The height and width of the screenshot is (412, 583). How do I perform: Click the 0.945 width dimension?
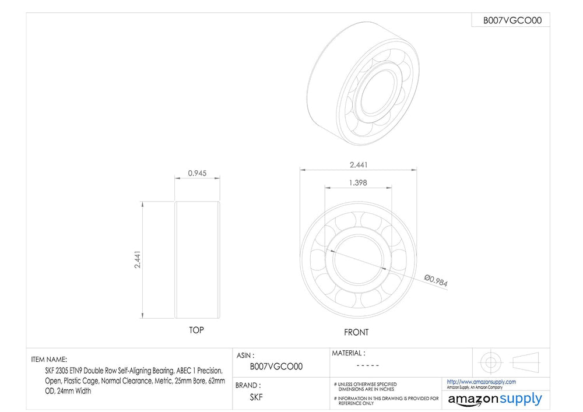click(197, 173)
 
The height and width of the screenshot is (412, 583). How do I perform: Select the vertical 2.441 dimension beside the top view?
click(138, 260)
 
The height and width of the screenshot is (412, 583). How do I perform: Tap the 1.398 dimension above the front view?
click(358, 183)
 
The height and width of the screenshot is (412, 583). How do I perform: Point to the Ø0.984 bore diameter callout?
click(436, 280)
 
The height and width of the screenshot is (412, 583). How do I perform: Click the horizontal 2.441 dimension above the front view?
click(359, 164)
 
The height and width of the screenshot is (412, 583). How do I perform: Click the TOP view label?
click(196, 330)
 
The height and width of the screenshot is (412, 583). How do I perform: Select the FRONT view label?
click(356, 332)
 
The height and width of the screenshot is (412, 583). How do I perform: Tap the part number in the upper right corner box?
click(512, 20)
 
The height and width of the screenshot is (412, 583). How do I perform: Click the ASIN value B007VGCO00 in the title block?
click(276, 367)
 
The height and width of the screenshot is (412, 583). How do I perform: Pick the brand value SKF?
click(256, 397)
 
